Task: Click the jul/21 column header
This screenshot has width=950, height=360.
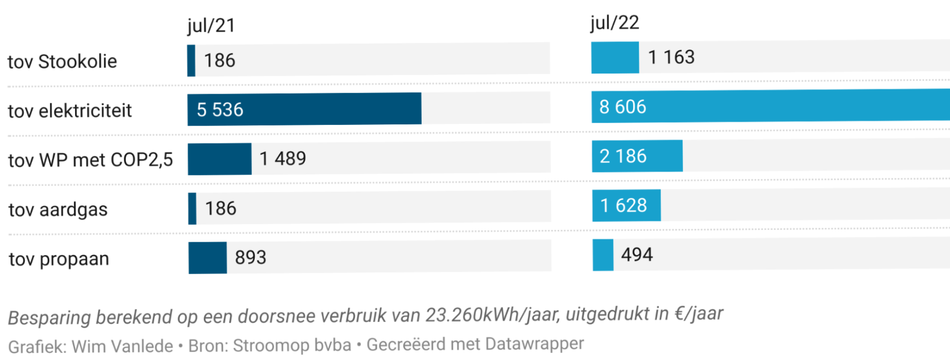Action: (x=211, y=25)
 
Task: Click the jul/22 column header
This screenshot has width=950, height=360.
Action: (x=614, y=23)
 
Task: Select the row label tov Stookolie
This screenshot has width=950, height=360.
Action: (x=62, y=62)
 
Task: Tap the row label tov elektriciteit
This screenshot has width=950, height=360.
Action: (x=70, y=111)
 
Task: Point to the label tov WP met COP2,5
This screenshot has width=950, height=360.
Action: (x=91, y=160)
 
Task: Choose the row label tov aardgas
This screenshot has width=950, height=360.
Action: (x=58, y=210)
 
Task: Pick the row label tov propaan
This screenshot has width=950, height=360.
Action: (x=59, y=259)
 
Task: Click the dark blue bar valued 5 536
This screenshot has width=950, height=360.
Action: (x=304, y=109)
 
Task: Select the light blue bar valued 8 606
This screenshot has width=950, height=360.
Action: (x=770, y=106)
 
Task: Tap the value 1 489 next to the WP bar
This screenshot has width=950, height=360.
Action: (x=282, y=158)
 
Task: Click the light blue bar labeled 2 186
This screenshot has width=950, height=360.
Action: (x=637, y=156)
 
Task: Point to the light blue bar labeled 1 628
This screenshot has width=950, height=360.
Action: (x=626, y=205)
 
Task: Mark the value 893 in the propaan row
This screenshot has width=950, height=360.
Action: (x=250, y=257)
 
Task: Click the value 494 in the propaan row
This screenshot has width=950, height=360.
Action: (x=636, y=255)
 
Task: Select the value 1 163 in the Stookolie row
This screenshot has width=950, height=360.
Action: (x=671, y=57)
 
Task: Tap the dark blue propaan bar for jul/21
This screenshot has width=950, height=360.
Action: (x=207, y=258)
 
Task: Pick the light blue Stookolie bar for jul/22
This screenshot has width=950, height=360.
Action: (x=615, y=58)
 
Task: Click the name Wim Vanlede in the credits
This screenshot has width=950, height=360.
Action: (x=122, y=346)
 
